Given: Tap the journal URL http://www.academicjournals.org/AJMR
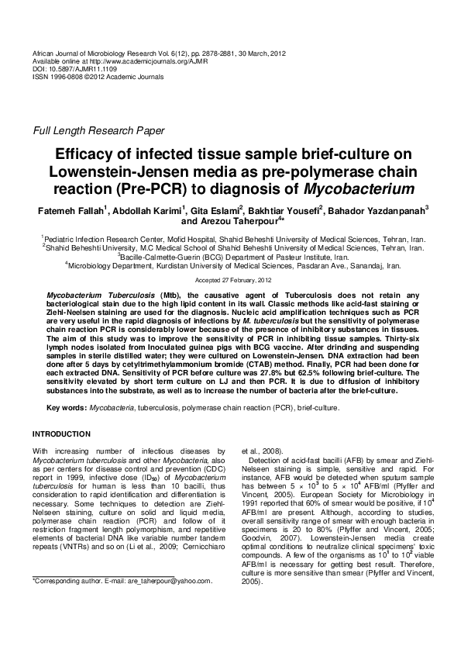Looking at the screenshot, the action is pos(136,60).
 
